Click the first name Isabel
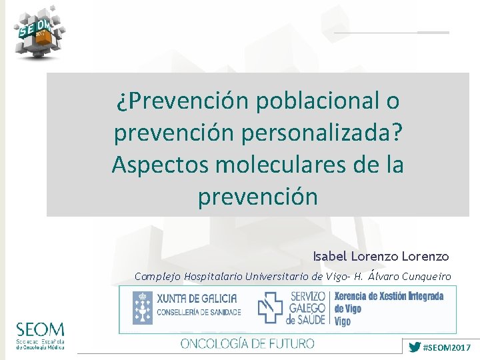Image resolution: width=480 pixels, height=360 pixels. tap(331, 256)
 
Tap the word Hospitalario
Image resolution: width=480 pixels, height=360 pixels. tap(215, 276)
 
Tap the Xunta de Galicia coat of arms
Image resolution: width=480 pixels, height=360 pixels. tap(142, 307)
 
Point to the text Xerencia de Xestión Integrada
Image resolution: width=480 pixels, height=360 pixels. tap(389, 297)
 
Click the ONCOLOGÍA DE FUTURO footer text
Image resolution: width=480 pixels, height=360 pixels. tap(247, 344)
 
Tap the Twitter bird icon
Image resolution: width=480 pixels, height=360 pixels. tap(414, 347)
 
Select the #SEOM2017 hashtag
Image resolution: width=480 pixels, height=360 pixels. tap(447, 347)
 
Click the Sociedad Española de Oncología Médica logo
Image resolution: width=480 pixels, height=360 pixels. tap(40, 336)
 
